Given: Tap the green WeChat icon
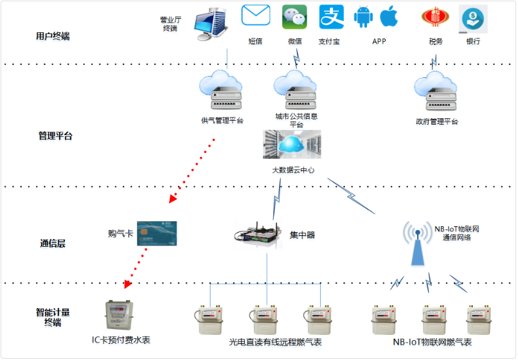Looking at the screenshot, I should tap(294, 17).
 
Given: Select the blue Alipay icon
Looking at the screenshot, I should tap(332, 17).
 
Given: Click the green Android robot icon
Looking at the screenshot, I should tap(363, 17).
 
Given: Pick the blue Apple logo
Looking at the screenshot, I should tap(389, 17).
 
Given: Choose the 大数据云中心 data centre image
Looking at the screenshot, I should tap(292, 145).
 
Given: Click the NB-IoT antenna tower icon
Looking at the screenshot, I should tap(416, 245).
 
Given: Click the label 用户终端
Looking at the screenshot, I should tap(53, 37).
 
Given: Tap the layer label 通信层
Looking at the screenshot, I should tap(53, 244).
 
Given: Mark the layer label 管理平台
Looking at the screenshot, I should tap(55, 136).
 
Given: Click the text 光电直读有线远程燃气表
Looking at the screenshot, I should tap(275, 343).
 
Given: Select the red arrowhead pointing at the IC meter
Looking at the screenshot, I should tap(128, 283).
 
